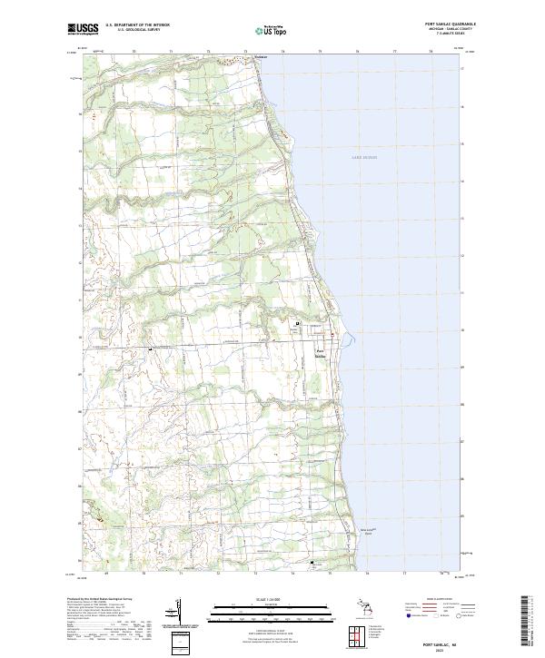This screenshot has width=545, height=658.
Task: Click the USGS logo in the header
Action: point(83,29)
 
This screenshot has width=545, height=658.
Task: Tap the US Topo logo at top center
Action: point(272,30)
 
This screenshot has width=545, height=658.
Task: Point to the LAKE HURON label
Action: point(363,157)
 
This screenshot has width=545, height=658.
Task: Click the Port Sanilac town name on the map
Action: point(321,353)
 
